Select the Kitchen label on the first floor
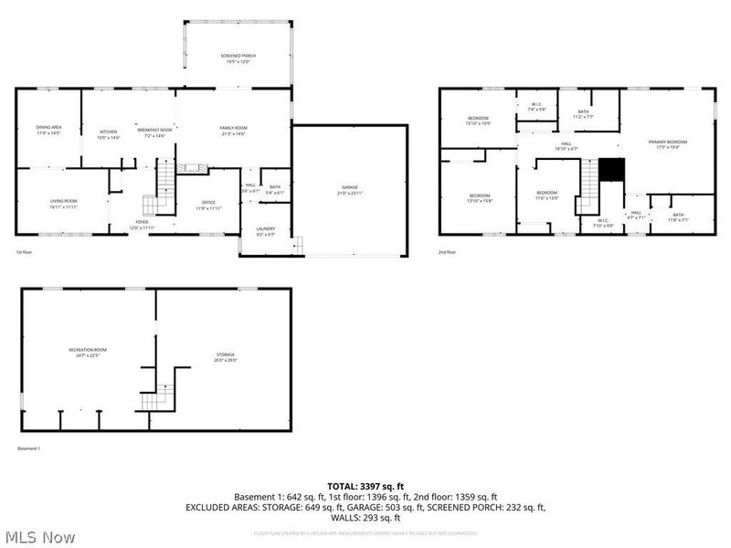109,133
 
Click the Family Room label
234,130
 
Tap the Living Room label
64,203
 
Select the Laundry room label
266,231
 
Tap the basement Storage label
226,356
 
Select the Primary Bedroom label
667,144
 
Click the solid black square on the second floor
610,170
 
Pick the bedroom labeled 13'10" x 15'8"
480,198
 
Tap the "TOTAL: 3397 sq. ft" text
365,486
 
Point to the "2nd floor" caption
448,251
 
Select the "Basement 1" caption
29,448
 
